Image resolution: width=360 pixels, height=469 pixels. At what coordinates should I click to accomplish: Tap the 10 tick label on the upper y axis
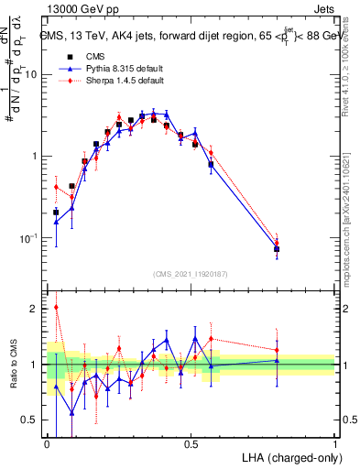(x=31, y=74)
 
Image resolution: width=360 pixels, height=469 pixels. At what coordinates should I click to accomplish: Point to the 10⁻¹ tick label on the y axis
(x=28, y=238)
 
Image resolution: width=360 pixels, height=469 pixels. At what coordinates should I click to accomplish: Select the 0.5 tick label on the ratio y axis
(x=32, y=420)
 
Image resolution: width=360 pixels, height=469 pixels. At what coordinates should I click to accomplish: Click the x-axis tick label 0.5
(x=191, y=443)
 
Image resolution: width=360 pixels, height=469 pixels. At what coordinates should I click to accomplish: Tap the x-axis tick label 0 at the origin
(x=47, y=443)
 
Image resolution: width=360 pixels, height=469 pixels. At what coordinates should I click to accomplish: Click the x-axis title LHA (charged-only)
(x=293, y=457)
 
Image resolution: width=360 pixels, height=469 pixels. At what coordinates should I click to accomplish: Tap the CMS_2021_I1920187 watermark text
(x=191, y=273)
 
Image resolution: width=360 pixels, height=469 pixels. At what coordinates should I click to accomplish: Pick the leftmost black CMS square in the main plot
(x=56, y=213)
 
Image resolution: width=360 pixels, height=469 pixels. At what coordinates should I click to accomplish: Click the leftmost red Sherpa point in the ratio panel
(x=56, y=308)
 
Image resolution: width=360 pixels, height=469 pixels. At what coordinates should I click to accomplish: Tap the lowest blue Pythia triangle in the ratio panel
(x=72, y=413)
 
